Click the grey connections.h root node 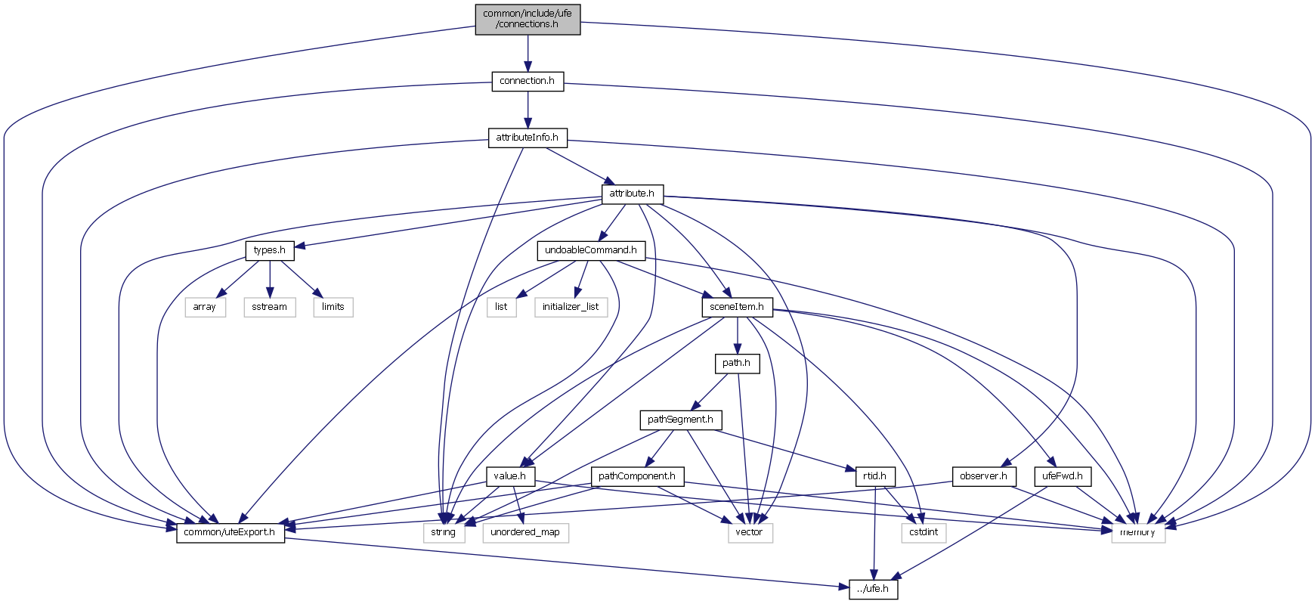click(528, 19)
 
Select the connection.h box click(528, 81)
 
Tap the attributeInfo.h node click(528, 138)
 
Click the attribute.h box click(633, 194)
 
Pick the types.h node click(270, 250)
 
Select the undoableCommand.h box click(591, 250)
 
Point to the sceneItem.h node click(737, 307)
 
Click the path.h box click(737, 363)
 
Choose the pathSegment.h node click(680, 420)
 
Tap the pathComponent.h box click(637, 476)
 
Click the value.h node click(510, 476)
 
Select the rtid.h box click(874, 476)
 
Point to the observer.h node click(983, 476)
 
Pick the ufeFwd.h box click(1063, 476)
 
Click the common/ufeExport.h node click(231, 532)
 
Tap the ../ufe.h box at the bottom click(874, 589)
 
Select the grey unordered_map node click(525, 532)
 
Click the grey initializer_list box click(571, 307)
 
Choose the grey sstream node click(270, 307)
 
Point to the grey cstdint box click(924, 532)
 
